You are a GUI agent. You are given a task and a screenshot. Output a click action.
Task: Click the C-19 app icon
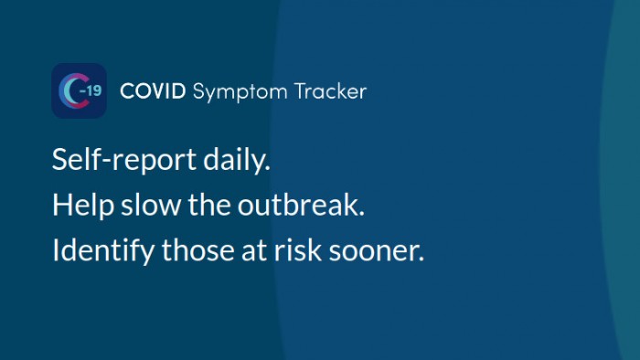pos(79,90)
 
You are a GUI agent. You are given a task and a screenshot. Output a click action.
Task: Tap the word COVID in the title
pos(153,91)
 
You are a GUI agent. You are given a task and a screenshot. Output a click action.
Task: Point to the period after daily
pos(269,169)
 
